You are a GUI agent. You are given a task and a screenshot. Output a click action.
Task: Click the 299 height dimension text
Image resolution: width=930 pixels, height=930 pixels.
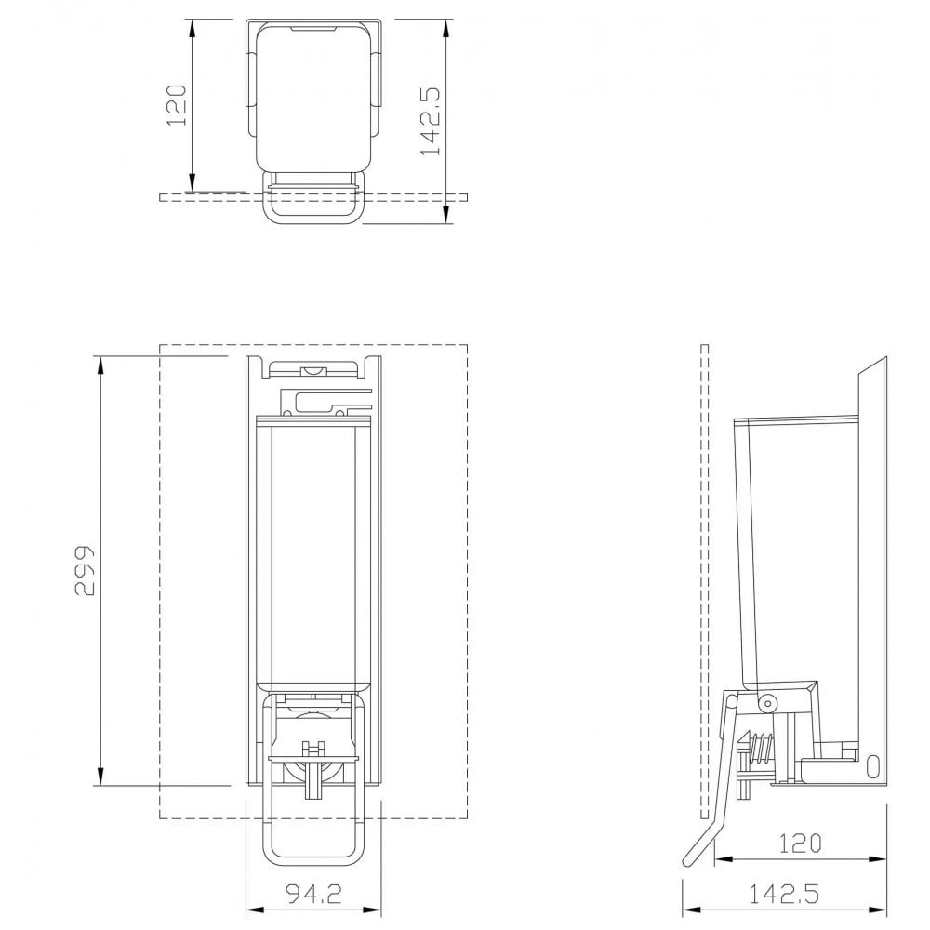point(85,569)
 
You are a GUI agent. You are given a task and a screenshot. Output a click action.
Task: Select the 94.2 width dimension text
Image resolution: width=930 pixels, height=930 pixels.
point(313,894)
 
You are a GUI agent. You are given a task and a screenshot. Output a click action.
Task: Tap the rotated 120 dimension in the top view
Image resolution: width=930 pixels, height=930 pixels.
point(176,103)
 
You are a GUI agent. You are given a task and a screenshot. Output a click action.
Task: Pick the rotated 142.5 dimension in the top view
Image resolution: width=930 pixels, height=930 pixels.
point(430,122)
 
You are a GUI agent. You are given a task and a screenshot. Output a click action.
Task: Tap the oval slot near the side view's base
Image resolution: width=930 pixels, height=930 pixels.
point(873,766)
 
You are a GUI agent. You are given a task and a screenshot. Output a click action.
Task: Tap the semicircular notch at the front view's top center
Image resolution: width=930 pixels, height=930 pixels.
point(315,372)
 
